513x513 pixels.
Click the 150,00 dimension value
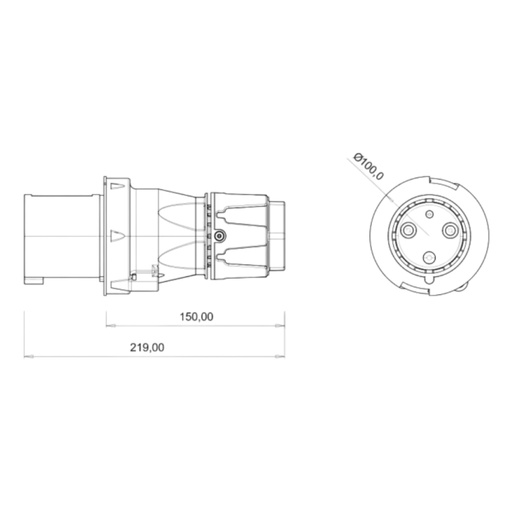pyautogui.click(x=197, y=316)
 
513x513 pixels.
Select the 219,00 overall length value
pyautogui.click(x=148, y=347)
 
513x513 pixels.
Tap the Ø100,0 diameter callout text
pyautogui.click(x=369, y=167)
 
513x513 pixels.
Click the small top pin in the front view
pyautogui.click(x=429, y=214)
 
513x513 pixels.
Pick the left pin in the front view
pyautogui.click(x=408, y=231)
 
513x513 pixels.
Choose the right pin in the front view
pyautogui.click(x=451, y=231)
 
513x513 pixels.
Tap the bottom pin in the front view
pyautogui.click(x=429, y=259)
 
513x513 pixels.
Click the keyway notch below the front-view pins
pyautogui.click(x=429, y=280)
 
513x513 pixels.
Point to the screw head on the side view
pyautogui.click(x=219, y=236)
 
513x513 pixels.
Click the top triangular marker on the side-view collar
pyautogui.click(x=118, y=186)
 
